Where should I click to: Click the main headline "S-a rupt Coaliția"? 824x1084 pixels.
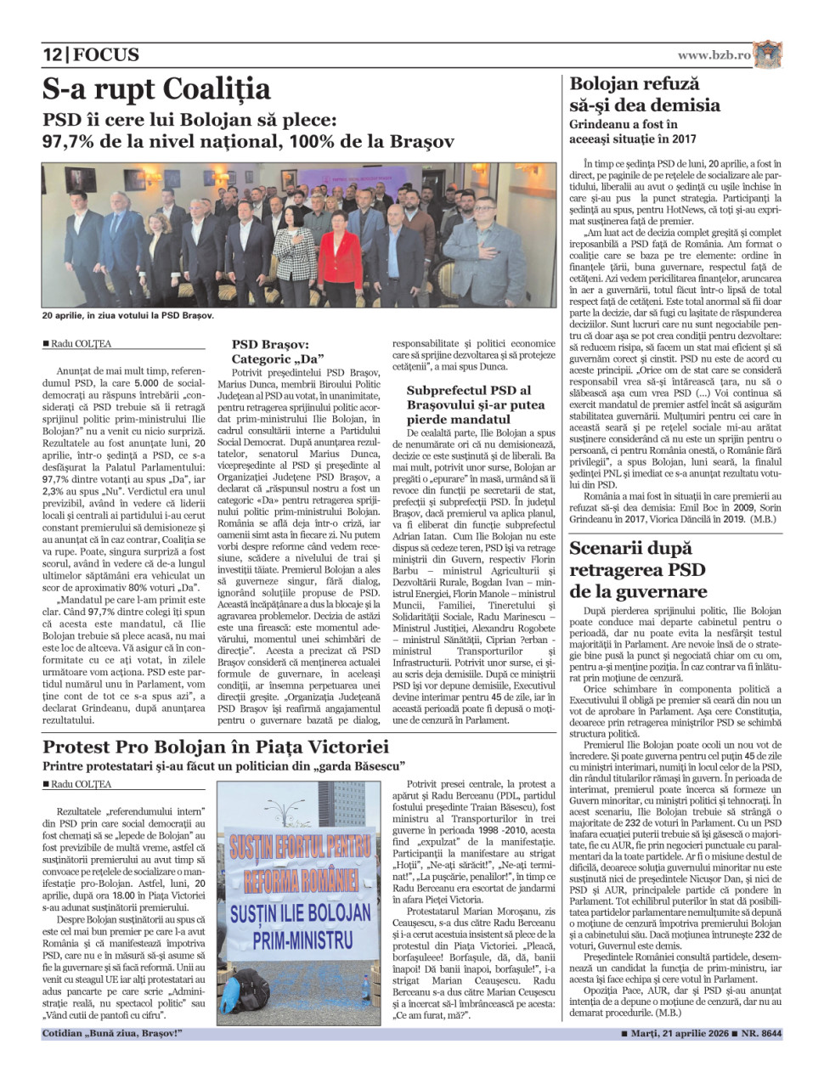pyautogui.click(x=157, y=89)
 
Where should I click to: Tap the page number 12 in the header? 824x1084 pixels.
pyautogui.click(x=53, y=55)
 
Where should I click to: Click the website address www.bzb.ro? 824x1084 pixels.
pyautogui.click(x=714, y=55)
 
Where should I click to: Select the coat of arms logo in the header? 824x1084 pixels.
pyautogui.click(x=768, y=54)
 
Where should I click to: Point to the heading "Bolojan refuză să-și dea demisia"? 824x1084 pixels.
pyautogui.click(x=644, y=94)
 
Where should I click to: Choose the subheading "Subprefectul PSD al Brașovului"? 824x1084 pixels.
pyautogui.click(x=475, y=404)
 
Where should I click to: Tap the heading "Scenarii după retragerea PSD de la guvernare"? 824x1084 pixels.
pyautogui.click(x=638, y=569)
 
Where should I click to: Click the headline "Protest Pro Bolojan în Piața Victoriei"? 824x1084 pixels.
pyautogui.click(x=216, y=748)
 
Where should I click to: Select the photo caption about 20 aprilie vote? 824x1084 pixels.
pyautogui.click(x=128, y=316)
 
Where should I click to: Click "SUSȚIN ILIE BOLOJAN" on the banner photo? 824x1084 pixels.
pyautogui.click(x=301, y=913)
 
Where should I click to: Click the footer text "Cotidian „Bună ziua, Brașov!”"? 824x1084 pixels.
pyautogui.click(x=112, y=1034)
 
